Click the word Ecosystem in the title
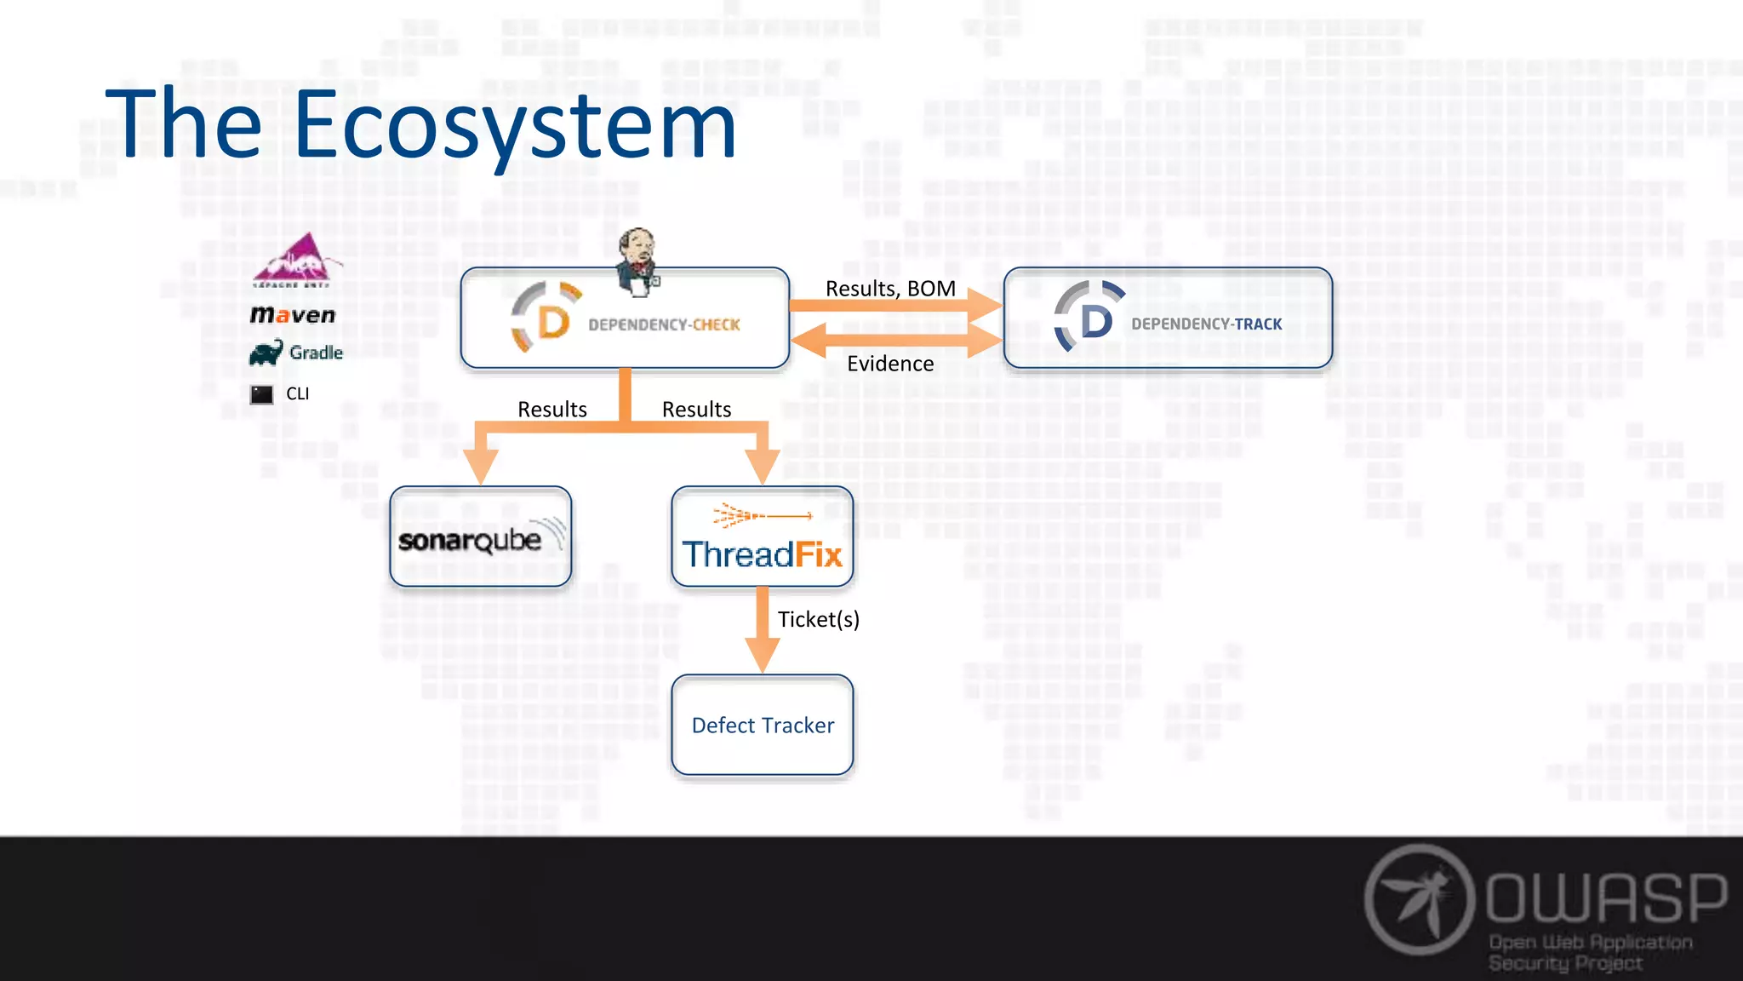coord(514,125)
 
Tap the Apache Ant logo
coord(295,259)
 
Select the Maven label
coord(293,315)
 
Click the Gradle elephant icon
coord(266,352)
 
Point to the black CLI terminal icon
coord(262,394)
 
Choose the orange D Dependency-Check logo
coord(546,318)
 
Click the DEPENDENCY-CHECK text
coord(664,324)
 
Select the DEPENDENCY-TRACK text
coord(1206,324)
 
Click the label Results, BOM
coord(890,289)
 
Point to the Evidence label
coord(890,364)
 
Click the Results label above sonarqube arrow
coord(552,410)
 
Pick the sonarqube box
coord(481,537)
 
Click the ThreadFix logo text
coord(763,554)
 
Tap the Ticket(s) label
coord(818,619)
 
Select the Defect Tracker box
coord(763,726)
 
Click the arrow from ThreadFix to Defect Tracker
coord(763,631)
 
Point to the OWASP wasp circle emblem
coord(1420,899)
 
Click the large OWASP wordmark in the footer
coord(1607,898)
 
